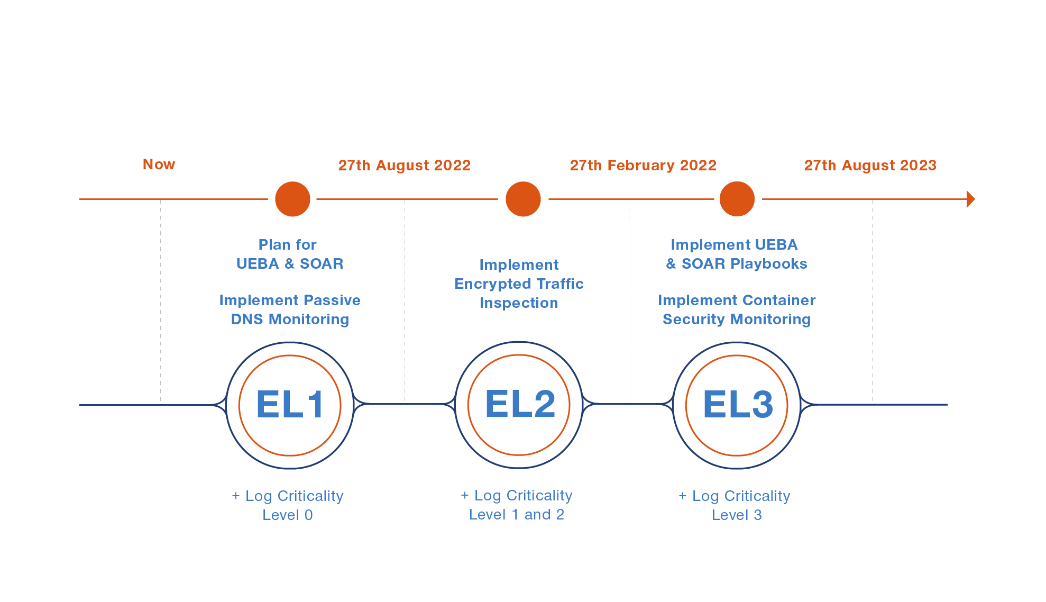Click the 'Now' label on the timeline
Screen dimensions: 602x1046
click(x=159, y=165)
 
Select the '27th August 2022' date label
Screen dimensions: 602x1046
click(x=404, y=166)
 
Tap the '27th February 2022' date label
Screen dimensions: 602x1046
click(x=643, y=166)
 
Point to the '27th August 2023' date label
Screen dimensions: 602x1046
click(x=870, y=166)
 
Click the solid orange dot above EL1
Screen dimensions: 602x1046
click(x=292, y=199)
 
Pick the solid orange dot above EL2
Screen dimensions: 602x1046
click(x=523, y=199)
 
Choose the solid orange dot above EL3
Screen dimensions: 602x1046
click(x=737, y=199)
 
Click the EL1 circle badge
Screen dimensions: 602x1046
click(x=290, y=405)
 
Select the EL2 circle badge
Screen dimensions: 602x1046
click(x=519, y=405)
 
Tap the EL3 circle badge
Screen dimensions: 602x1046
click(x=737, y=405)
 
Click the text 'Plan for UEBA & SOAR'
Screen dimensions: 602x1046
click(x=289, y=254)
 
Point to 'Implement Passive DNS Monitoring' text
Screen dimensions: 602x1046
click(x=290, y=310)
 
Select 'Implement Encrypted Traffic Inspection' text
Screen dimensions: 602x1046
click(x=519, y=284)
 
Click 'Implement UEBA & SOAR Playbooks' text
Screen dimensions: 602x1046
click(x=736, y=254)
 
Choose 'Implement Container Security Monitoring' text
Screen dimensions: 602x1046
click(x=737, y=310)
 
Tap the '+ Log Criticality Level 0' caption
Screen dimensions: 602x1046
click(x=288, y=505)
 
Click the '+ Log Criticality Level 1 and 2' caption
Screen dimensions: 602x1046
click(x=517, y=505)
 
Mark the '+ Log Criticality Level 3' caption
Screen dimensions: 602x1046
click(x=735, y=505)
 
